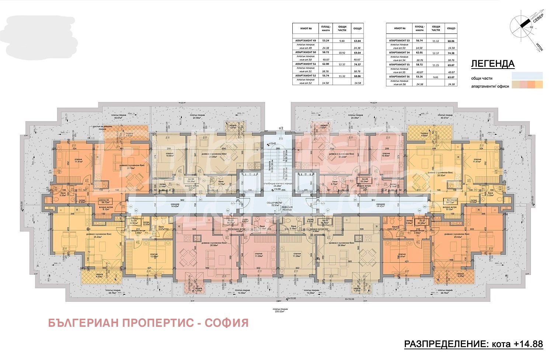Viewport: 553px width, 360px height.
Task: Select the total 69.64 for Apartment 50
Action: [x=357, y=53]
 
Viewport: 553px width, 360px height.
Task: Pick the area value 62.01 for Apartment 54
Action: [x=419, y=53]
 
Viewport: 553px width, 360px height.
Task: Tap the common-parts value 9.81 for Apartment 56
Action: [x=436, y=77]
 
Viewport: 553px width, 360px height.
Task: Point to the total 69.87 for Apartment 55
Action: [x=451, y=65]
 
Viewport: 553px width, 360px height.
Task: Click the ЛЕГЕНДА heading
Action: [x=493, y=64]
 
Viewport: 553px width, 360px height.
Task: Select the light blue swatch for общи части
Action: [x=527, y=76]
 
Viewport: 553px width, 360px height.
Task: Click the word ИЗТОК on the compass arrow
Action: [x=539, y=47]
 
